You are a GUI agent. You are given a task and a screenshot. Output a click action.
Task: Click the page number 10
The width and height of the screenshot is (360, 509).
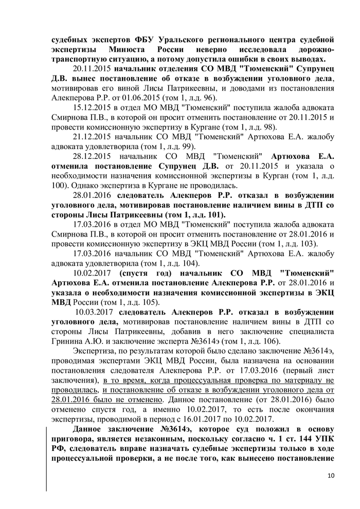coord(330,475)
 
